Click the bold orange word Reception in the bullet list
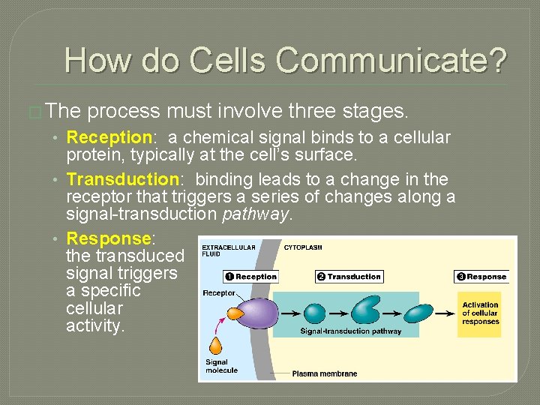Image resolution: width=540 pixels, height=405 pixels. pos(109,137)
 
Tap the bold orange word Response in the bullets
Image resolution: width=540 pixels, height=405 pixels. pos(109,238)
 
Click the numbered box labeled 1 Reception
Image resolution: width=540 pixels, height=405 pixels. pos(251,277)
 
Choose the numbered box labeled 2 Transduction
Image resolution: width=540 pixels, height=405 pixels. pos(349,277)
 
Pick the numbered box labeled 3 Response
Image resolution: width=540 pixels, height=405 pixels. pos(481,277)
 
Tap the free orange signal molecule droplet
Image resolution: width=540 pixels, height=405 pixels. pos(217,346)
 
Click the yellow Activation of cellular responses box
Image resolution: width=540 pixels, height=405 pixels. pos(479,313)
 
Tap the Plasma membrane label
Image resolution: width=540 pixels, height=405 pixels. pos(324,373)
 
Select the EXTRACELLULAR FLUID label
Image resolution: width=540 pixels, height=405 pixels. pos(228,250)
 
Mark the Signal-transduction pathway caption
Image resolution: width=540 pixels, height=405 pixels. pos(350,331)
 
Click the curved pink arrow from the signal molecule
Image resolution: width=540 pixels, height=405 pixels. pos(221,324)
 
